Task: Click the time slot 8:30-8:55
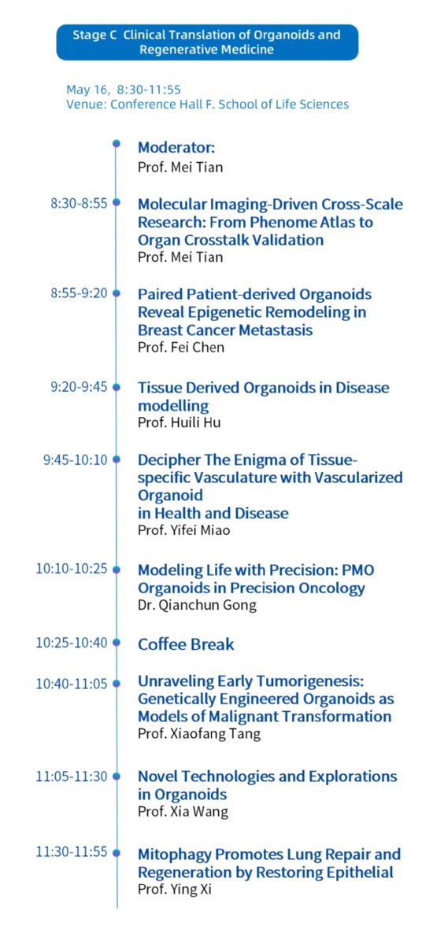(79, 204)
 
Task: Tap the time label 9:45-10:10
(76, 459)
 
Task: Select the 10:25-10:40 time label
(72, 643)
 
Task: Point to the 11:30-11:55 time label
(72, 852)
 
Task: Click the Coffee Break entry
(186, 644)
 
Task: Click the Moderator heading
(176, 148)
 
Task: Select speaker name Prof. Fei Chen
(181, 347)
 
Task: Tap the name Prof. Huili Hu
(180, 422)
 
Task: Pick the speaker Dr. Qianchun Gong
(198, 605)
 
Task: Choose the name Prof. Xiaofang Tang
(199, 734)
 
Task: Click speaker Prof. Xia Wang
(183, 812)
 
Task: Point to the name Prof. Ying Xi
(175, 889)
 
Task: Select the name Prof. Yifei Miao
(183, 530)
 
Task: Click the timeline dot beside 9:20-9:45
(117, 387)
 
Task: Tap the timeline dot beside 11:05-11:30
(117, 776)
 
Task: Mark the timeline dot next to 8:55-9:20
(117, 293)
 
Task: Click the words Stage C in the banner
(94, 35)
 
